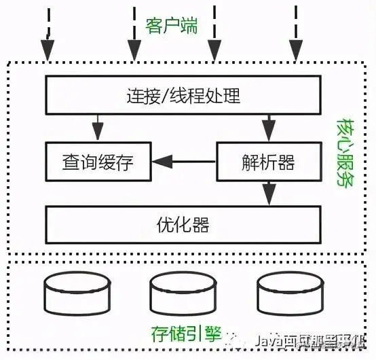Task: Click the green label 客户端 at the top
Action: click(x=172, y=26)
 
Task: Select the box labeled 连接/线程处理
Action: click(x=183, y=96)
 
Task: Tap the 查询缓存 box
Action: click(x=98, y=162)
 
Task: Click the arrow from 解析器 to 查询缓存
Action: click(x=183, y=162)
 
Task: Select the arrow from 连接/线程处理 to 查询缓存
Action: click(x=99, y=127)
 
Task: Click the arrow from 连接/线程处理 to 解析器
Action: click(x=269, y=127)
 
